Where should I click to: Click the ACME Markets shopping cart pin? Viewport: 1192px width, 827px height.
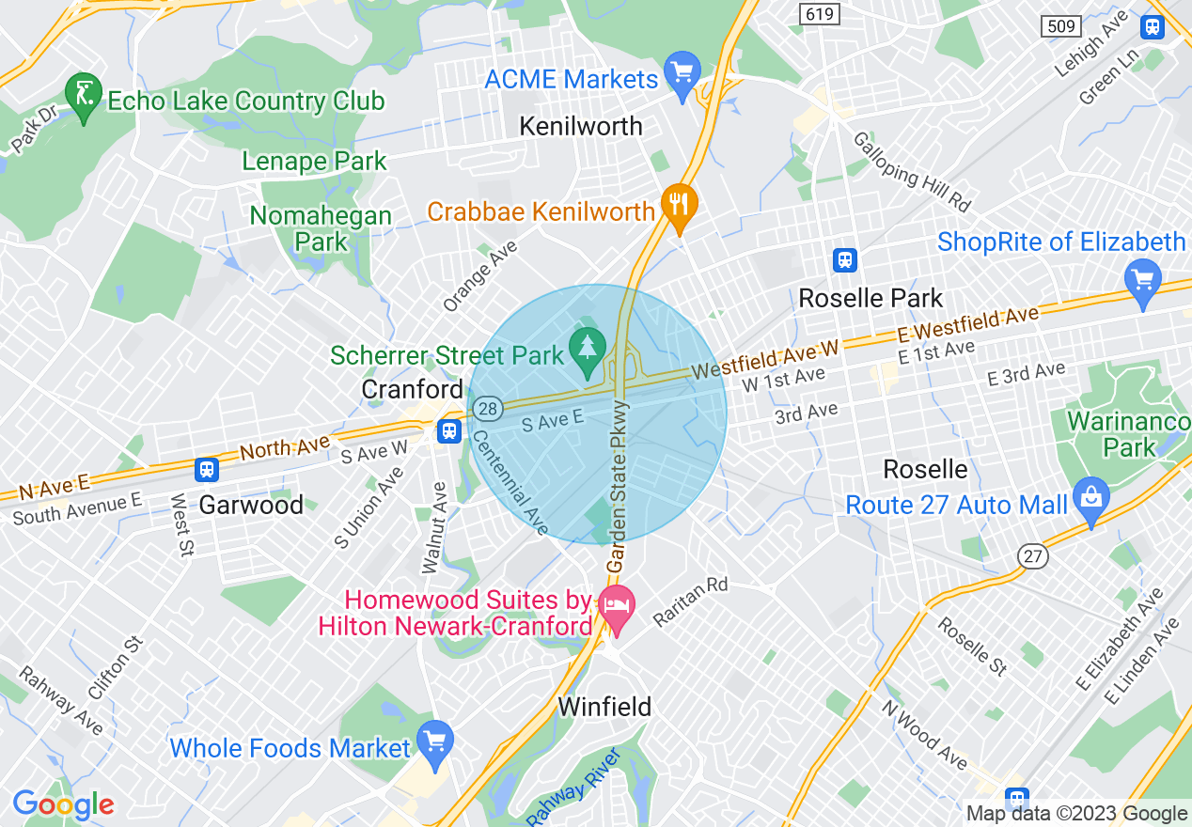click(682, 71)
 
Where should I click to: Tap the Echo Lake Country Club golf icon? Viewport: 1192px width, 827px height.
click(84, 94)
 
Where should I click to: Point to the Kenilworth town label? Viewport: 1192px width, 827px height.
click(581, 126)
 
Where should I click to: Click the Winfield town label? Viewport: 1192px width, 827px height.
click(604, 707)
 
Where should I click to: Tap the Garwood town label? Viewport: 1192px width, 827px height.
click(251, 505)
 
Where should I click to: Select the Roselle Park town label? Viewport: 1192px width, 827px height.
click(870, 299)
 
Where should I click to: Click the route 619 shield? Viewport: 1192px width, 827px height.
click(816, 13)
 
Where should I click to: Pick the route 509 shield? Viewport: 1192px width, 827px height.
click(1062, 26)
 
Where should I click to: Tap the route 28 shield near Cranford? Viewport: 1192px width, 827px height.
click(486, 408)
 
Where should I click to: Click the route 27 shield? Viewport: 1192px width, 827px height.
click(1034, 556)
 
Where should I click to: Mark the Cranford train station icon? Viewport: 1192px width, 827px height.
click(448, 430)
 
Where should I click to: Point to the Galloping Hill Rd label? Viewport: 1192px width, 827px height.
click(911, 171)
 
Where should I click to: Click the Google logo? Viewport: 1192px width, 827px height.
click(63, 804)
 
